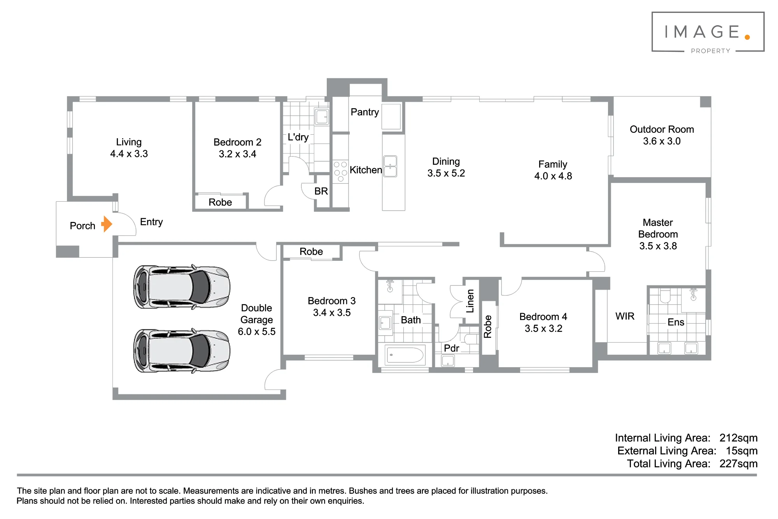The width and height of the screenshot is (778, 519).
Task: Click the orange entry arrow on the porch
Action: pyautogui.click(x=107, y=224)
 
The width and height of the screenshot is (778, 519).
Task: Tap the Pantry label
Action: pyautogui.click(x=364, y=112)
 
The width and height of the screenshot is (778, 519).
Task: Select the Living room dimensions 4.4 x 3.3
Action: pyautogui.click(x=129, y=154)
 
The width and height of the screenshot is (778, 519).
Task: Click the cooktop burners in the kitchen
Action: pyautogui.click(x=340, y=171)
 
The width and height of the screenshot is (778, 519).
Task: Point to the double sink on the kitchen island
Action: pyautogui.click(x=390, y=166)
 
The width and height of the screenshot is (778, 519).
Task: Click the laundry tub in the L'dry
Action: pyautogui.click(x=322, y=116)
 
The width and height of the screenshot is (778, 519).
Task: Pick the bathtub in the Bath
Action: pyautogui.click(x=405, y=355)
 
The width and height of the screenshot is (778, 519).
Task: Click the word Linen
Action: pyautogui.click(x=470, y=301)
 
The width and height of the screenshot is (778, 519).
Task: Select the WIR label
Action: pyautogui.click(x=625, y=316)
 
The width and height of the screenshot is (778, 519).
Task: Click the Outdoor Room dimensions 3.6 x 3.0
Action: pyautogui.click(x=662, y=141)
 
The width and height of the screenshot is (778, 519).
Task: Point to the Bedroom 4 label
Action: pyautogui.click(x=543, y=317)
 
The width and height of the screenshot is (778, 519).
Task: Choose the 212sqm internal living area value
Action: pyautogui.click(x=738, y=438)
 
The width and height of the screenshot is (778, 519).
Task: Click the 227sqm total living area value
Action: pyautogui.click(x=738, y=464)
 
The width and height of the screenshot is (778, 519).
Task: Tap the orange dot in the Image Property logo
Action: pyautogui.click(x=747, y=37)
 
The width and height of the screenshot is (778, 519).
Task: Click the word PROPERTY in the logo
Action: pyautogui.click(x=710, y=51)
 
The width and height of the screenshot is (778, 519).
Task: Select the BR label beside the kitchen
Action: pyautogui.click(x=321, y=191)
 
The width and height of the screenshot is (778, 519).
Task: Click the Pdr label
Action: pyautogui.click(x=451, y=348)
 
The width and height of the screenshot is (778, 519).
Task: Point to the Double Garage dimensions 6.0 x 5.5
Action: pyautogui.click(x=257, y=332)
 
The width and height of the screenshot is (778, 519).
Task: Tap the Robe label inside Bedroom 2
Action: pyautogui.click(x=220, y=202)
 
